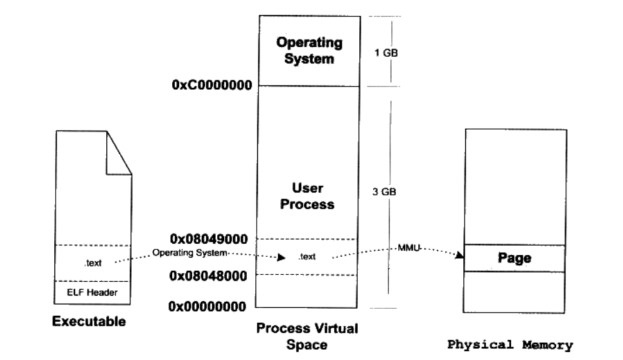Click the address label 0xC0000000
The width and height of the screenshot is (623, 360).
(x=212, y=85)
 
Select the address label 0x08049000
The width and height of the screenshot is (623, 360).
(x=209, y=239)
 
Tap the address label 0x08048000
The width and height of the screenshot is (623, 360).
(x=209, y=275)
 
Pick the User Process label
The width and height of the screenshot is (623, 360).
(x=307, y=196)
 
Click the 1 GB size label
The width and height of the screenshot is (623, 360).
(x=386, y=53)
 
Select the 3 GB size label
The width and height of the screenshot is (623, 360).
(x=384, y=192)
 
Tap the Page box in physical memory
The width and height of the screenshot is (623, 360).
(x=514, y=258)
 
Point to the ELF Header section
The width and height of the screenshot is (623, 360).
(x=93, y=292)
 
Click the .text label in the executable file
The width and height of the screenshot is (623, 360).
(x=93, y=263)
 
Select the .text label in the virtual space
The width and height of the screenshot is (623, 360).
(x=307, y=257)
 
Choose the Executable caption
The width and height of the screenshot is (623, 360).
(x=89, y=321)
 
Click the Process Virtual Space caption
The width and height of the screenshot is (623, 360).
(x=307, y=336)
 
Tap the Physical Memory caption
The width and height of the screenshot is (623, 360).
(x=510, y=345)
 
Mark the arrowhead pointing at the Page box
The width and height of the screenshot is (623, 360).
(x=459, y=255)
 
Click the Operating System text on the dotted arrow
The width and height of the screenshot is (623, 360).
(x=189, y=253)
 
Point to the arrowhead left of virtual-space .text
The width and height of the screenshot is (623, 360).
(x=281, y=257)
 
